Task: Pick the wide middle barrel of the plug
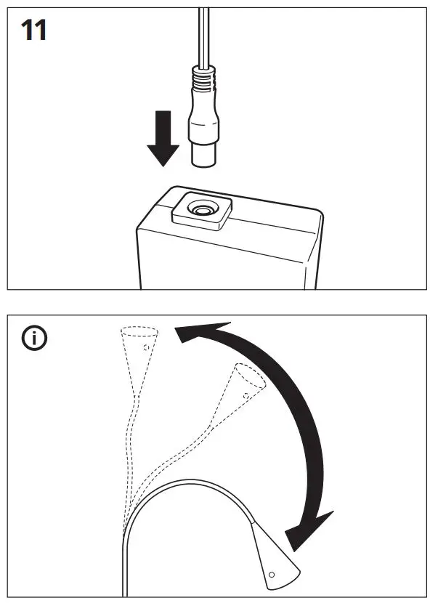click(204, 120)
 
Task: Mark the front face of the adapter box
click(218, 258)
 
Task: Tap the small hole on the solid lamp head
click(272, 575)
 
